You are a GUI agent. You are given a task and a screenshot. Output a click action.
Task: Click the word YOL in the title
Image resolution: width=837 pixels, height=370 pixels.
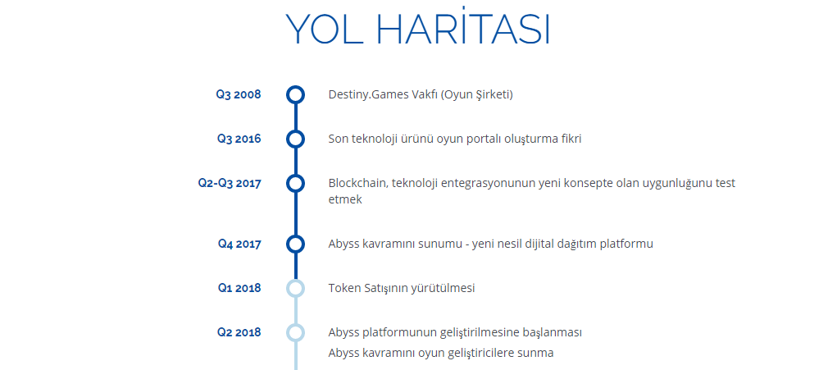click(322, 29)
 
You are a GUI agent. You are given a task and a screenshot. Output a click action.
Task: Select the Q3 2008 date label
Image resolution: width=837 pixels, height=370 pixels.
click(239, 95)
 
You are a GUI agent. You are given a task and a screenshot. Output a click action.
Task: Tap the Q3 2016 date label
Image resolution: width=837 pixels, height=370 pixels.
click(239, 139)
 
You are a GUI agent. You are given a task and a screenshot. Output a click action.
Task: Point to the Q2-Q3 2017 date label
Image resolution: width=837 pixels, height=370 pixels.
click(230, 183)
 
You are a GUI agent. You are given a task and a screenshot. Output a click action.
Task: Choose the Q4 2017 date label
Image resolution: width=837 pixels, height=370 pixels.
click(239, 244)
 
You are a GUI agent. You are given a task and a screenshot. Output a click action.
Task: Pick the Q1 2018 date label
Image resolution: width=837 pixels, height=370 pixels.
click(239, 288)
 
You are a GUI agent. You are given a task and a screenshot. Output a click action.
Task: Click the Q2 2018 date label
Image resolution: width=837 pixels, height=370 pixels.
click(239, 332)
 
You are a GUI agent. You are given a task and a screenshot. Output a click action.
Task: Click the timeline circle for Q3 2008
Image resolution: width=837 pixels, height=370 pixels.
click(295, 86)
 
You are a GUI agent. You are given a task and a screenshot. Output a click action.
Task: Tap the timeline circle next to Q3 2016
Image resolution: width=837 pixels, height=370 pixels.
click(295, 130)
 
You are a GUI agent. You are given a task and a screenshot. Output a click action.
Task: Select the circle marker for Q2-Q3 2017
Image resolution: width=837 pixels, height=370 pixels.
click(295, 175)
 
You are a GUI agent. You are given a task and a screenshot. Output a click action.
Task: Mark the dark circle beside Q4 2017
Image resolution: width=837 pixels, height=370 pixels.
click(295, 235)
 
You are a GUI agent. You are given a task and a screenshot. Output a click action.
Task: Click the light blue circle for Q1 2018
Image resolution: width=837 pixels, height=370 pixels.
click(295, 279)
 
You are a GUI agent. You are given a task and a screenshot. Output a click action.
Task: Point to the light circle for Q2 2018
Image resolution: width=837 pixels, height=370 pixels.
click(295, 323)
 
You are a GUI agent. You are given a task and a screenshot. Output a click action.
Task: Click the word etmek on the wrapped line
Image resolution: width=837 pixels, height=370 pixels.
click(345, 199)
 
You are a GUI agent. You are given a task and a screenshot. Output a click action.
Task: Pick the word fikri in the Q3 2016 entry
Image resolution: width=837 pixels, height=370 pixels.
click(571, 139)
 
